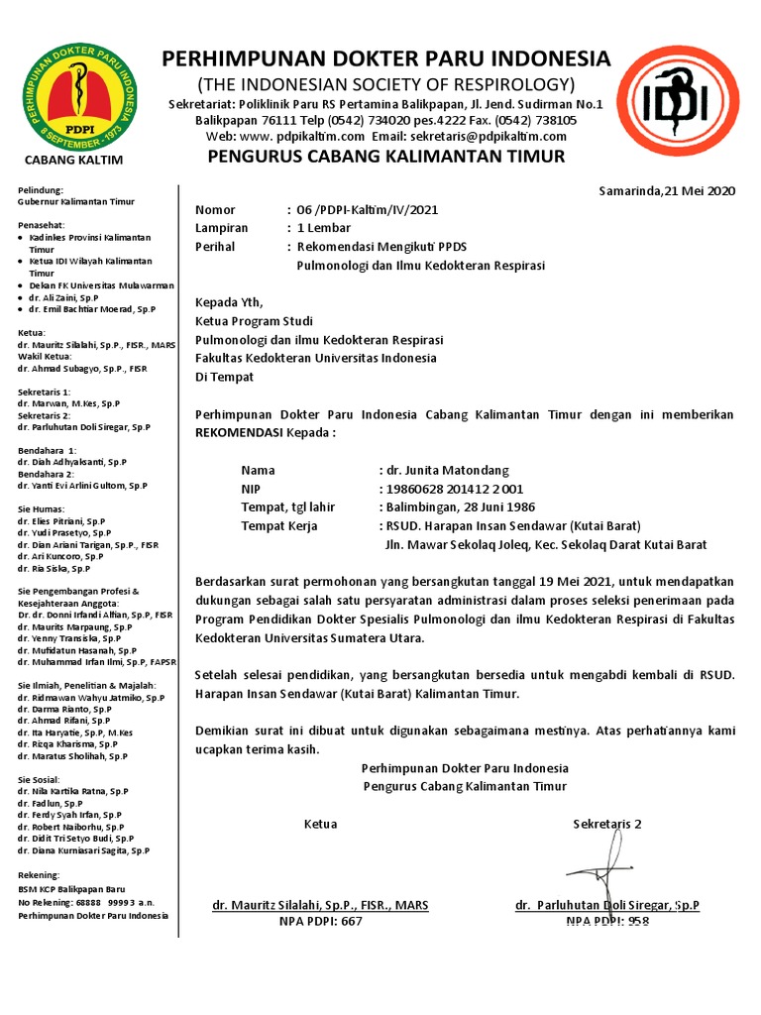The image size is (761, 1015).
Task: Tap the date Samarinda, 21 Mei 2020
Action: (667, 191)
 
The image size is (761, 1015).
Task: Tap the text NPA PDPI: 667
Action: (321, 921)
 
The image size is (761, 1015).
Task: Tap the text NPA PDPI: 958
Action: (607, 921)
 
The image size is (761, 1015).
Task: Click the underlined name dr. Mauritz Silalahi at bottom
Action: (320, 905)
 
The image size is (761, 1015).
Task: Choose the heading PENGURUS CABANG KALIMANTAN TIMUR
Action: (385, 157)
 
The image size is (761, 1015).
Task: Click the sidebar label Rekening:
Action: (41, 875)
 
